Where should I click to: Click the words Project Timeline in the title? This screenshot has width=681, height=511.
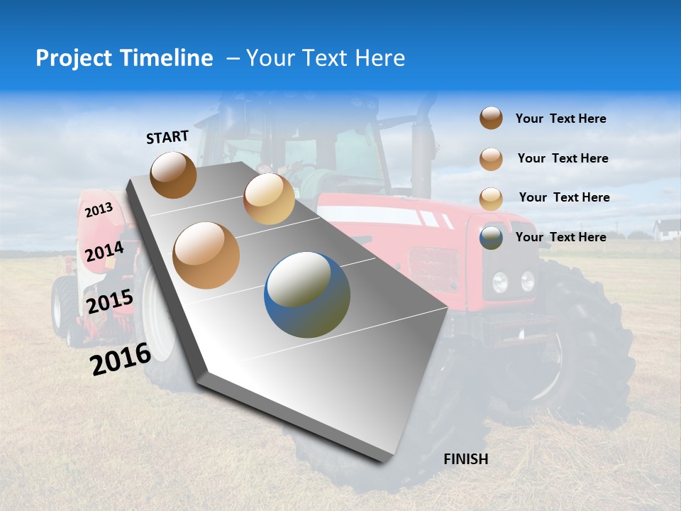(124, 58)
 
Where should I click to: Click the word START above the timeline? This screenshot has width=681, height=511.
(167, 137)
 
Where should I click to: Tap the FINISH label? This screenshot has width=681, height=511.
(465, 459)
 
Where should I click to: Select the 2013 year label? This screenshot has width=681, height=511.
(99, 210)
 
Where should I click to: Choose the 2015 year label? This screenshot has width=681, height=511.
(109, 302)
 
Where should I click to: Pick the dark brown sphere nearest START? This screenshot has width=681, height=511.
(173, 175)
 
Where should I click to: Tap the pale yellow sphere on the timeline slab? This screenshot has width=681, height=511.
(269, 199)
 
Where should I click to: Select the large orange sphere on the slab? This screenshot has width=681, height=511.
(206, 255)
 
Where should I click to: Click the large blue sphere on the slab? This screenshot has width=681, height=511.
(307, 295)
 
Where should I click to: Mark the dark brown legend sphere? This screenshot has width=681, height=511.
(491, 119)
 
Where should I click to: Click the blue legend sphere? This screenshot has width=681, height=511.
(491, 238)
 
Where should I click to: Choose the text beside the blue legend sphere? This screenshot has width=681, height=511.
(560, 237)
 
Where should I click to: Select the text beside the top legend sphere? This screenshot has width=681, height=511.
(560, 119)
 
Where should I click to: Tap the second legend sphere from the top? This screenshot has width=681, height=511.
(491, 159)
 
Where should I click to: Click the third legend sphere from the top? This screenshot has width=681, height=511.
(491, 199)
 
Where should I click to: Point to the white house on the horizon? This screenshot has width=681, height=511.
(666, 229)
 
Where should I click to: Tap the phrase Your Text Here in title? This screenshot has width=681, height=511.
(326, 58)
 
